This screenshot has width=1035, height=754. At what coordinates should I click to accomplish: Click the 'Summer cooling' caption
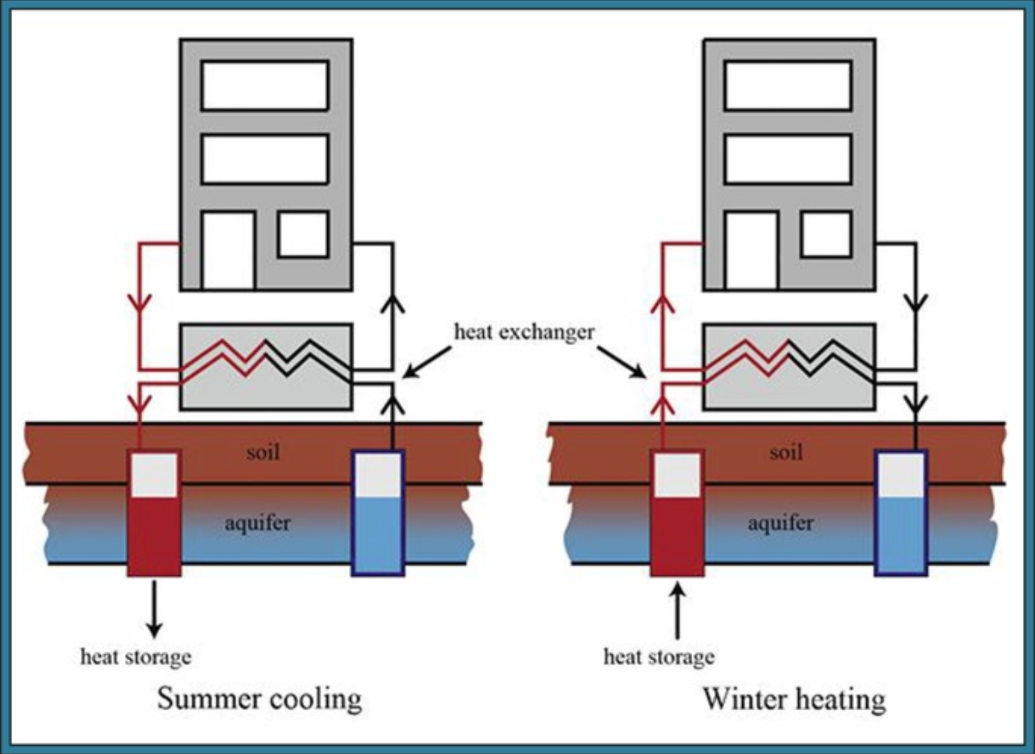[x=259, y=699]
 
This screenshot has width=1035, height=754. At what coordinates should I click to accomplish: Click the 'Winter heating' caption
[x=794, y=699]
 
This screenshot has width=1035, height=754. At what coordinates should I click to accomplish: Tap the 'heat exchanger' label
[x=524, y=332]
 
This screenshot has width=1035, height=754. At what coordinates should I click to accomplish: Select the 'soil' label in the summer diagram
[x=262, y=451]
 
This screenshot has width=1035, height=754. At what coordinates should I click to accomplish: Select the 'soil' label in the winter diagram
[x=786, y=451]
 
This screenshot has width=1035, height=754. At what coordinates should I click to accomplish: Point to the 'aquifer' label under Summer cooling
[x=257, y=523]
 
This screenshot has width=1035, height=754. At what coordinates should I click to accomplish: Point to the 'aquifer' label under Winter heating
[x=780, y=523]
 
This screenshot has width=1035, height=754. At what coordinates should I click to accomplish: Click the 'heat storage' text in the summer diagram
[x=136, y=656]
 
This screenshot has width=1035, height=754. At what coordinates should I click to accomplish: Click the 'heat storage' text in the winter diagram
[x=659, y=656]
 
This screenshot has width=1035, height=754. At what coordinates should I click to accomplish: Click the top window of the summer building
[x=264, y=85]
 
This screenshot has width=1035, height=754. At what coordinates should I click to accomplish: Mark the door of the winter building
[x=752, y=250]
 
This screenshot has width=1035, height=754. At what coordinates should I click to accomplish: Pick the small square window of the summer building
[x=303, y=234]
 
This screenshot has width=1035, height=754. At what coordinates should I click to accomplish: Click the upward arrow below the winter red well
[x=677, y=610]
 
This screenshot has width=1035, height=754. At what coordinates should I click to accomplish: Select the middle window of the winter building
[x=787, y=159]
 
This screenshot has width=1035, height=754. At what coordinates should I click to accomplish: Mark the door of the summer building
[x=228, y=250]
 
